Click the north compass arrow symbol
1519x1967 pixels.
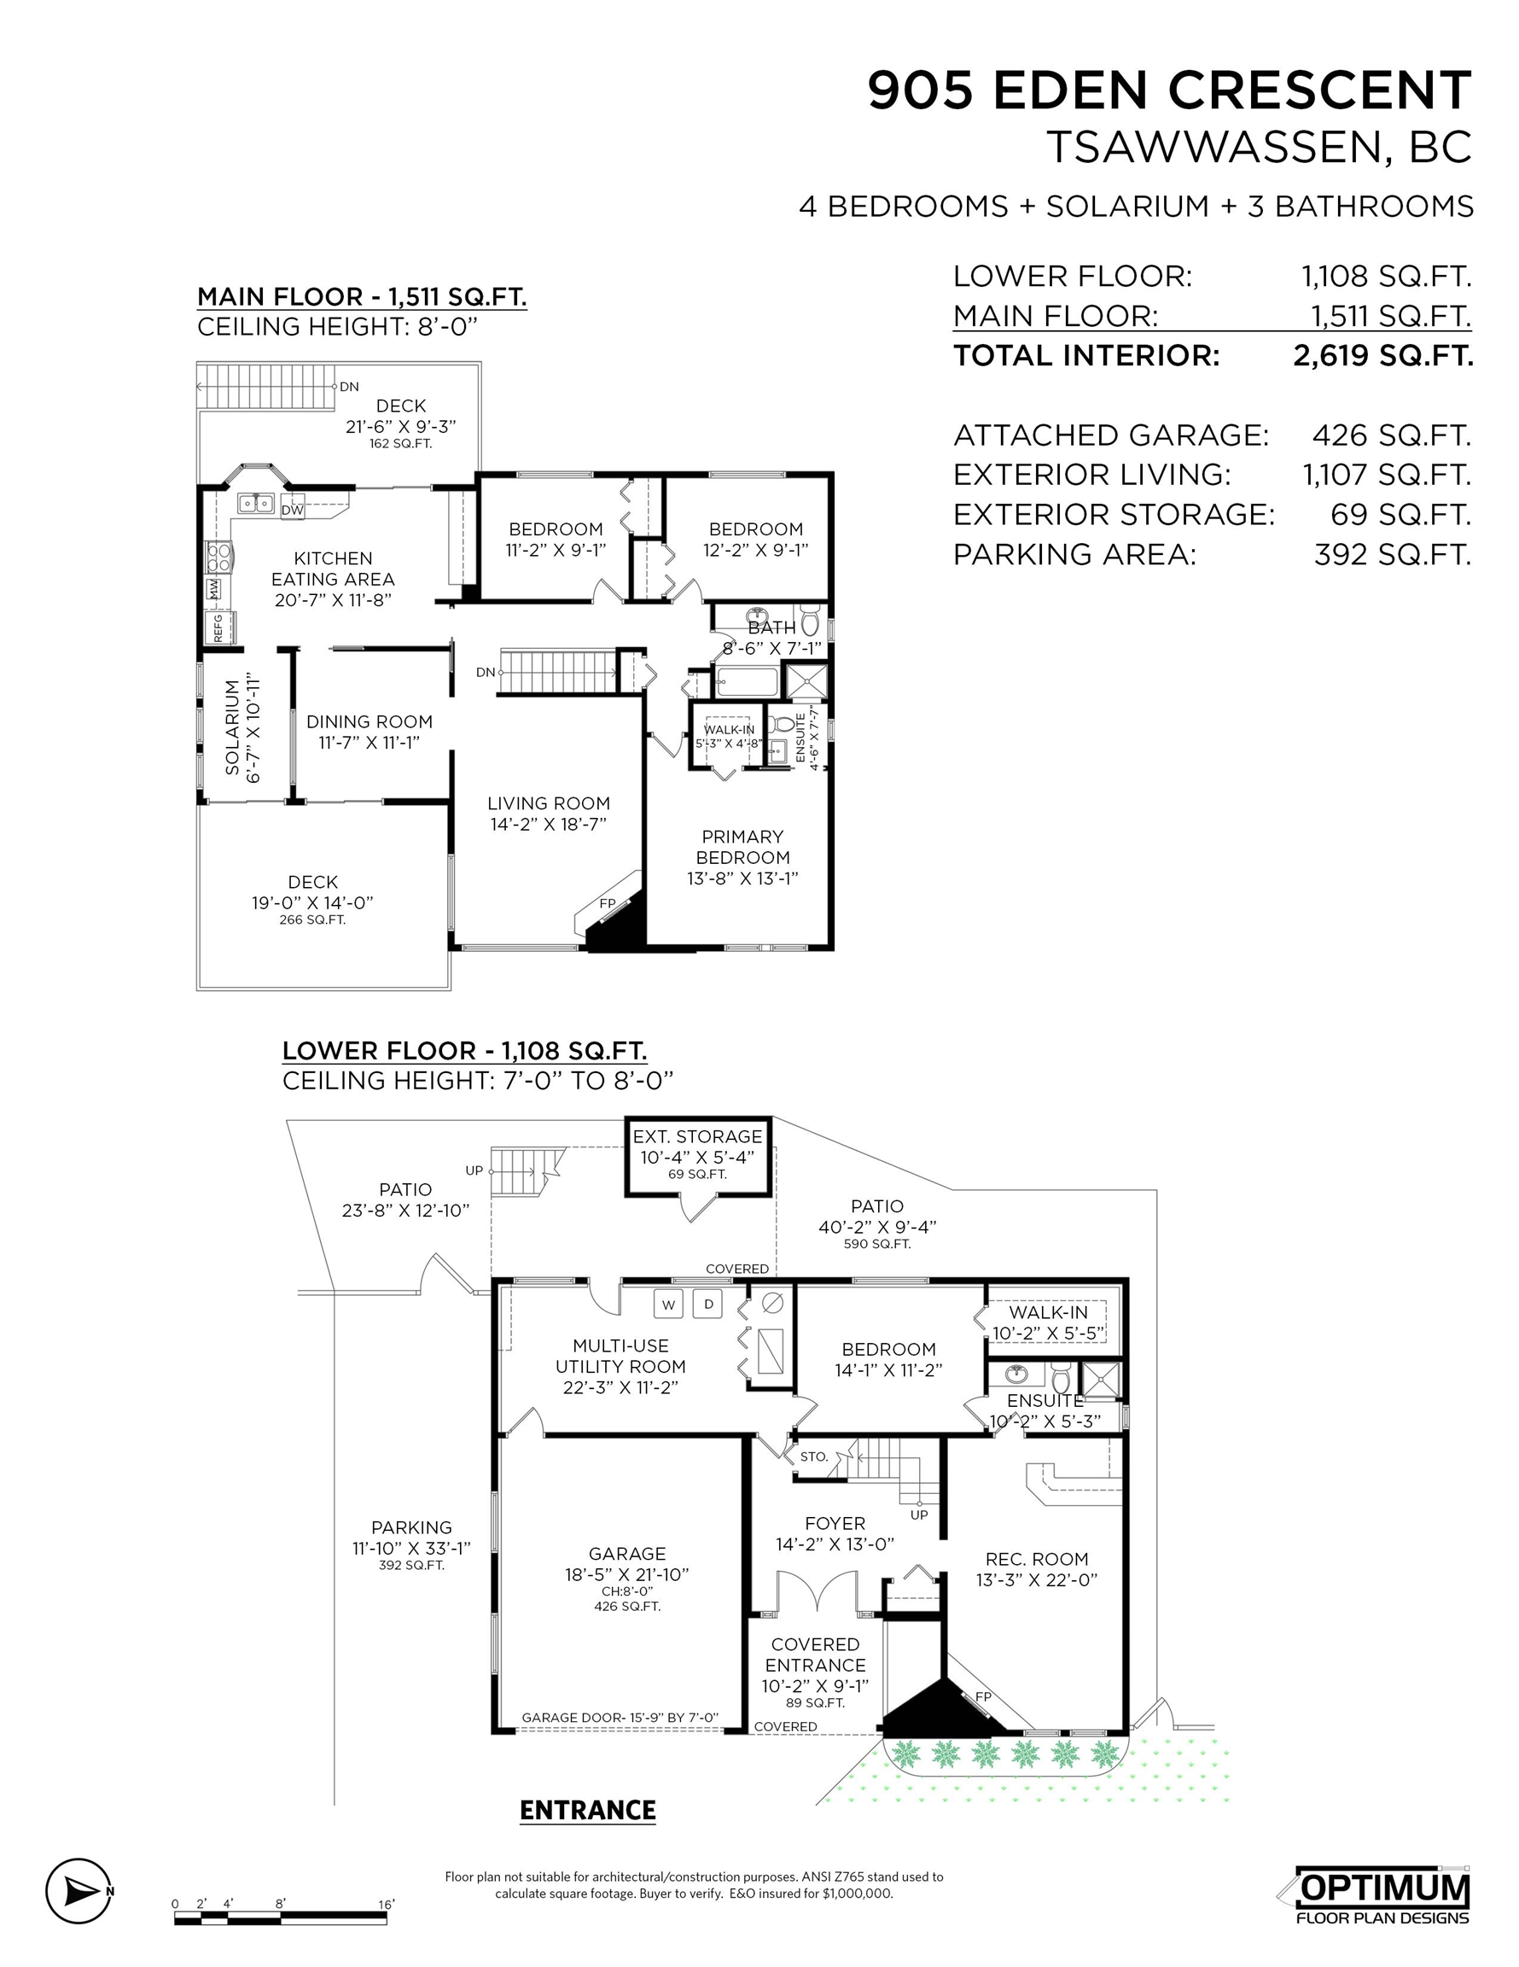point(79,1890)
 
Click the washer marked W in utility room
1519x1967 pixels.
point(668,1305)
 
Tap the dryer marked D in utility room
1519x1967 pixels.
point(708,1305)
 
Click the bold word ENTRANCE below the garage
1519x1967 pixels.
point(588,1810)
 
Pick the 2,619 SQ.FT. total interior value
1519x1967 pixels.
point(1383,356)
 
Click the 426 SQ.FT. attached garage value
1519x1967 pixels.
point(1391,435)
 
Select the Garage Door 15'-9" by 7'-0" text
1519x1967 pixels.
point(620,1718)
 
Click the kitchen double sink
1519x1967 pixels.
point(255,503)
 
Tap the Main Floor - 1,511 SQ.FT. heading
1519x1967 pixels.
point(362,297)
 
